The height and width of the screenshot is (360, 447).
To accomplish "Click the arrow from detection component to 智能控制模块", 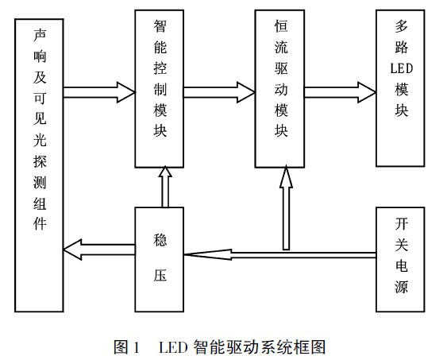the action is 99,92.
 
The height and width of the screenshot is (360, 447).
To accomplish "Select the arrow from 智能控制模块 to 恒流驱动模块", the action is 219,92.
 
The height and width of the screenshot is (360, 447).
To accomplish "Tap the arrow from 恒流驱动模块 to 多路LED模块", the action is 340,92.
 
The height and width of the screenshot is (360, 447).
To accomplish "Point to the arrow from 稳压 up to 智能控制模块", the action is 165,187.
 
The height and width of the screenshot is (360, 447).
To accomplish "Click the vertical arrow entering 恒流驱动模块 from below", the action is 286,209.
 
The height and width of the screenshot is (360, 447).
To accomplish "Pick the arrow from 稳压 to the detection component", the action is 99,250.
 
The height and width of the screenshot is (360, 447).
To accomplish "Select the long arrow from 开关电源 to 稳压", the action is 280,255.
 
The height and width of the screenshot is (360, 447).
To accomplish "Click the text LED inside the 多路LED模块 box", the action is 402,69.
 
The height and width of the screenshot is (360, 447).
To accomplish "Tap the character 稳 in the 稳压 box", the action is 160,240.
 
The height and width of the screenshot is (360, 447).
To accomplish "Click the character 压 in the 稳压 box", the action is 160,275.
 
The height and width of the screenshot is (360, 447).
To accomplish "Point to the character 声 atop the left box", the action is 40,35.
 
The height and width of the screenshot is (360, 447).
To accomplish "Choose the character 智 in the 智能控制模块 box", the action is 160,26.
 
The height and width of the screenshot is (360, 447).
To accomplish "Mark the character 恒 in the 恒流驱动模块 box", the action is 281,26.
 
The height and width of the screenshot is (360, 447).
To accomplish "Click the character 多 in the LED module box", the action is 402,26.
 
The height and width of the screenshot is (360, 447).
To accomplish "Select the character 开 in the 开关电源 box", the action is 402,224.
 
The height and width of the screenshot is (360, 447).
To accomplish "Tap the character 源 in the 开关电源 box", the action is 402,287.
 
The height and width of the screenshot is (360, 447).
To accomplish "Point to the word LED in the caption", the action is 173,347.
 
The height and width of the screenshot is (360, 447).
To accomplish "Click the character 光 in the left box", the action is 40,140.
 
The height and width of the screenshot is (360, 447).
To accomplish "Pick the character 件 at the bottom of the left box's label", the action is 40,224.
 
